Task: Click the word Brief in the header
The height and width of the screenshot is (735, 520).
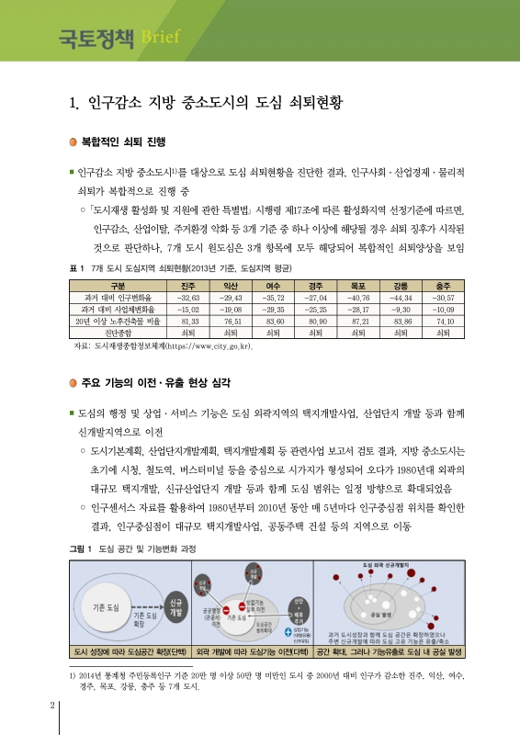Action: pyautogui.click(x=164, y=38)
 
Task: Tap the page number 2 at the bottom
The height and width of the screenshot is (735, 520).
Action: pyautogui.click(x=51, y=706)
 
